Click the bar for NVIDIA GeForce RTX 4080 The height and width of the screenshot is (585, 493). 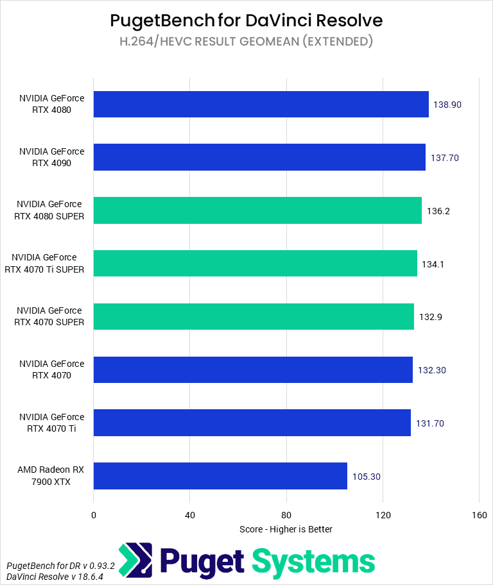click(261, 104)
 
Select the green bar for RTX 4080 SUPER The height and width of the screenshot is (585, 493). click(257, 210)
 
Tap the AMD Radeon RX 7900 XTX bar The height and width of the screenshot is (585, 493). click(220, 476)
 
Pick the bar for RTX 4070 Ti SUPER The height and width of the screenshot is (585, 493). click(255, 264)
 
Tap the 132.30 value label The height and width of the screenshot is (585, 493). click(431, 370)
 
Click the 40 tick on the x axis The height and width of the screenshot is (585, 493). click(189, 515)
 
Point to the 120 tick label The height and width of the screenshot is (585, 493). click(383, 515)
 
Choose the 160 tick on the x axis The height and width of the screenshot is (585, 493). click(479, 515)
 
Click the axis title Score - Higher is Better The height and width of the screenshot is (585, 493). click(286, 529)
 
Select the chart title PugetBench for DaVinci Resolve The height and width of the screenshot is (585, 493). click(246, 21)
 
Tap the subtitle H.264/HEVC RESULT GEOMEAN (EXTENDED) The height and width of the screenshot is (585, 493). click(246, 42)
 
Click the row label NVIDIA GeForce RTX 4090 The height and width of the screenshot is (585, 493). click(51, 157)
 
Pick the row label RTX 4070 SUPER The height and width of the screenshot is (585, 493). click(49, 316)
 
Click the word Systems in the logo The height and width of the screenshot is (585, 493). click(313, 561)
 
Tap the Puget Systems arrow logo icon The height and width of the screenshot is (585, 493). click(135, 561)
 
